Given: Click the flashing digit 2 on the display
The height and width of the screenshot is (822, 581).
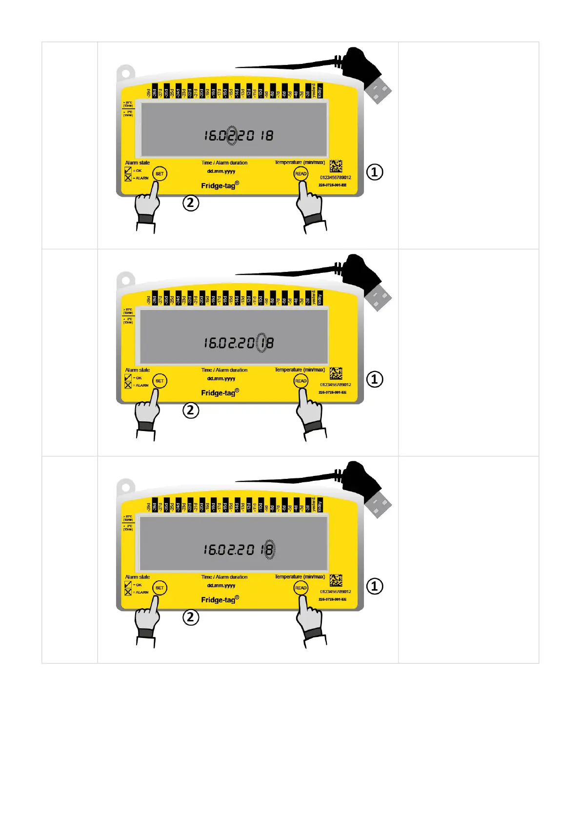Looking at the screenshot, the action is [x=232, y=136].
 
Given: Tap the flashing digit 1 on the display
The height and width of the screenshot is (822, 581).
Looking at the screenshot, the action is [x=262, y=343].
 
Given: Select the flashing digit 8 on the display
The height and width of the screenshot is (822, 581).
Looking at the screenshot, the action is [x=269, y=550].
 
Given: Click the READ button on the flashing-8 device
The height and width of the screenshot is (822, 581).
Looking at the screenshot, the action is [x=301, y=588].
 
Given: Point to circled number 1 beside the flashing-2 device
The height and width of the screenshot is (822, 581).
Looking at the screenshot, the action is [x=375, y=172].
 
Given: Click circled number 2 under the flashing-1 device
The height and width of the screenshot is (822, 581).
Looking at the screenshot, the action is [x=191, y=410].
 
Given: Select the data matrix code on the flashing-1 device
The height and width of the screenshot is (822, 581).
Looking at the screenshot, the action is [x=336, y=373].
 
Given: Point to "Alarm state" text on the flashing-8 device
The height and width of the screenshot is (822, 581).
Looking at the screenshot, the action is [x=138, y=577].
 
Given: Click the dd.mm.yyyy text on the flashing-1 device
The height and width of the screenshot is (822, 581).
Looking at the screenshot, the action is [x=221, y=378].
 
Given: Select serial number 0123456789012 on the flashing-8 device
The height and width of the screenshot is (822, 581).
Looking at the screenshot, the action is [x=336, y=592].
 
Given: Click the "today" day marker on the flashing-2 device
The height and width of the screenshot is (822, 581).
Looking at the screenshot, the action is [x=320, y=92].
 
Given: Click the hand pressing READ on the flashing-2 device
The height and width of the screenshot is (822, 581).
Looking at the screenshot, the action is [x=308, y=206].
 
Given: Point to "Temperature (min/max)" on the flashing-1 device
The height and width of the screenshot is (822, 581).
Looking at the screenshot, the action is [x=300, y=370].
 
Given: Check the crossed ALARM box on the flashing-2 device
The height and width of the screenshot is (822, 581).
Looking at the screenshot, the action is [x=128, y=178].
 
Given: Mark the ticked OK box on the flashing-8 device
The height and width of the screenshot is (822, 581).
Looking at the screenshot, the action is [x=128, y=584].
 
